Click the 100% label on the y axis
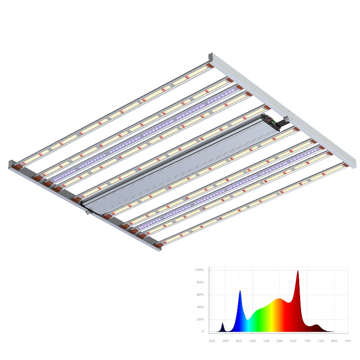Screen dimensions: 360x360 point(199,270)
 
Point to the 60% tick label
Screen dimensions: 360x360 point(200,295)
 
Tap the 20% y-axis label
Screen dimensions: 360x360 point(200,319)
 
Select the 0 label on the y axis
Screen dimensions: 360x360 point(202,332)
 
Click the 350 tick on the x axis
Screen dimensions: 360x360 point(211,341)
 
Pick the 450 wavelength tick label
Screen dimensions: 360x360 point(239,341)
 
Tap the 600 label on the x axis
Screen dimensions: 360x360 point(280,341)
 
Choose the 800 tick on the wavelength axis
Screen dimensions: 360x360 point(334,341)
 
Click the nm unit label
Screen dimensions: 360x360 point(347,341)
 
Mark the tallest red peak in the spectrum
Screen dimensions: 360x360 point(297,271)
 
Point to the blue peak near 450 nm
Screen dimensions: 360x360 point(240,292)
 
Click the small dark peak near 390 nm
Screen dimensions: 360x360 point(222,324)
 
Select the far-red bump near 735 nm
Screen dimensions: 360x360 point(317,325)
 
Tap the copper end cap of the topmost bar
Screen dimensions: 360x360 point(210,67)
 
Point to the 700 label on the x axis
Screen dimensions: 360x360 point(307,341)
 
